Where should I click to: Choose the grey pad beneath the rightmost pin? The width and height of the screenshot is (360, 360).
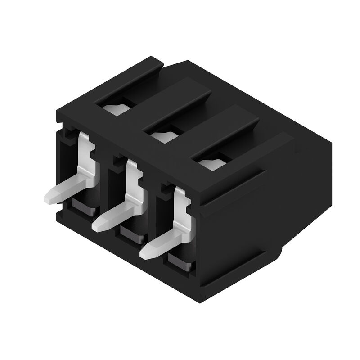pos(180,262)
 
